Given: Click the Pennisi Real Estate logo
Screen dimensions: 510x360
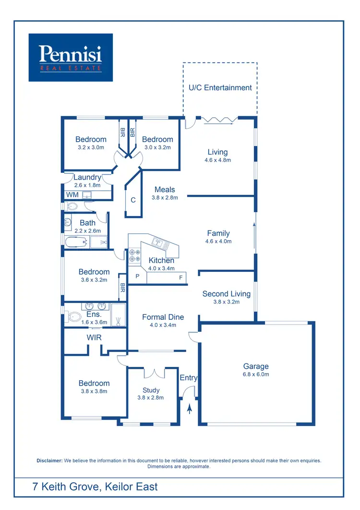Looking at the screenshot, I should tap(71, 57).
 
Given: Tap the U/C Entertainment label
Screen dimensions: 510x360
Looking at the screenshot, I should tap(220, 87).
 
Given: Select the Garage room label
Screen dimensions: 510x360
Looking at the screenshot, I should tap(256, 366).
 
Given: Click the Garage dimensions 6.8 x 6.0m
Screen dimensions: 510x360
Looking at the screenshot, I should tap(256, 374).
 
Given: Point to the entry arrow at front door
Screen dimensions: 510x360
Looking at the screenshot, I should tap(190, 409).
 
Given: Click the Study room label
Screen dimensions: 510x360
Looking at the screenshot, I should tap(151, 390).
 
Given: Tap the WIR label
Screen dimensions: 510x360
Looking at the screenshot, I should tap(94, 338).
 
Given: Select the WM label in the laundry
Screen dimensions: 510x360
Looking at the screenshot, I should tap(72, 194).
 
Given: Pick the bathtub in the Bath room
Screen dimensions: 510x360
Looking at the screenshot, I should tap(76, 242).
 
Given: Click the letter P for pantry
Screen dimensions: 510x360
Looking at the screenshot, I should tap(137, 277).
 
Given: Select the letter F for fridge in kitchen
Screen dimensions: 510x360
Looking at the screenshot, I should tap(181, 277).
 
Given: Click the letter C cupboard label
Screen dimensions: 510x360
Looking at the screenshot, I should tap(133, 200).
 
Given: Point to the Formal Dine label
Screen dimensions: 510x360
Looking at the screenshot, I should tap(163, 317).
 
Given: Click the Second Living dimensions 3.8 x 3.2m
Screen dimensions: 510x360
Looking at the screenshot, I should tap(226, 302).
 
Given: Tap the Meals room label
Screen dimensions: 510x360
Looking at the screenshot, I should tap(165, 189).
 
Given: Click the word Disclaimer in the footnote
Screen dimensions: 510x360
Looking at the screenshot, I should tap(49, 461).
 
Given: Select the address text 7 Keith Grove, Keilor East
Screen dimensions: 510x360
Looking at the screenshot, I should tap(95, 486).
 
